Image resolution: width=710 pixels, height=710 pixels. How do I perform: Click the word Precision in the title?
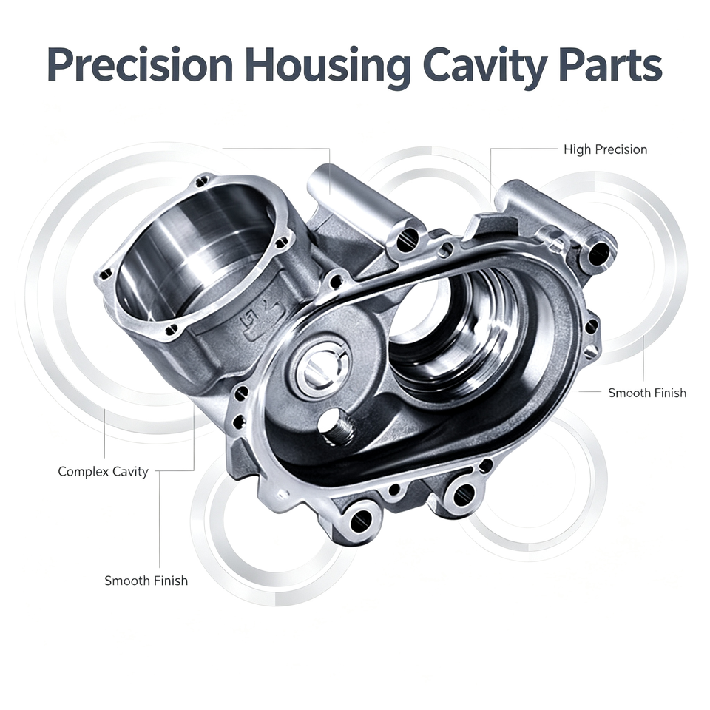tap(140, 66)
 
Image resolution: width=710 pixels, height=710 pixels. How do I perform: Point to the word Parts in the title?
tap(610, 66)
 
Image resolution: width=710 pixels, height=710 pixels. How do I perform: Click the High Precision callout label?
tap(606, 149)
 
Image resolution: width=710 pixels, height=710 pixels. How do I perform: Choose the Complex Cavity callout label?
tap(104, 472)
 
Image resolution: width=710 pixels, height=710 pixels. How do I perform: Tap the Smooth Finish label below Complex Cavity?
tap(146, 581)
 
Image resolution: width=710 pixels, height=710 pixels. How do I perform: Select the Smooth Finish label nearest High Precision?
tap(647, 393)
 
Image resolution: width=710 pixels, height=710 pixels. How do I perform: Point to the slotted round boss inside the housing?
tap(322, 366)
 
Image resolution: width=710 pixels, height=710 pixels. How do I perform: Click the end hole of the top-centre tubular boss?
tap(406, 239)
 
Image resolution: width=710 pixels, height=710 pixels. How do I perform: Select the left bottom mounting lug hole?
tap(362, 519)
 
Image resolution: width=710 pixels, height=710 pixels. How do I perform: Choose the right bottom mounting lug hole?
tap(464, 493)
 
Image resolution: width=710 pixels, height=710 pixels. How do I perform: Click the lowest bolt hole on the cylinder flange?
tap(171, 330)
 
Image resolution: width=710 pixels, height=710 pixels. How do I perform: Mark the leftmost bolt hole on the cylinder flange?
tap(106, 273)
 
